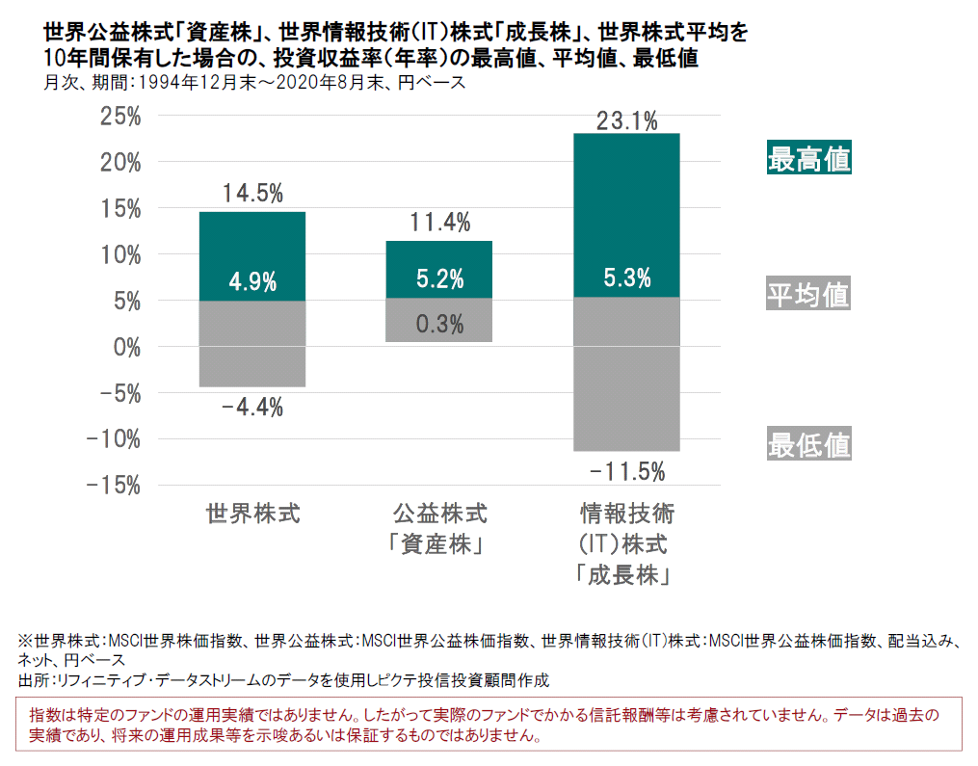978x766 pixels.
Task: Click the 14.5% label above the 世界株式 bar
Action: point(251,194)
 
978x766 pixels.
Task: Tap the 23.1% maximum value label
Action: point(626,121)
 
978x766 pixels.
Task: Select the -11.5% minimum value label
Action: point(626,471)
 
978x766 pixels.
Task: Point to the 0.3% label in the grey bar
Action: point(439,324)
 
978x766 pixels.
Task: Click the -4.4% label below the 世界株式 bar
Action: point(251,408)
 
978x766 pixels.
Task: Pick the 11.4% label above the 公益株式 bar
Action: point(439,224)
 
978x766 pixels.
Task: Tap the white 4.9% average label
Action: point(252,282)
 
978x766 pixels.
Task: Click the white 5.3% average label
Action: point(626,279)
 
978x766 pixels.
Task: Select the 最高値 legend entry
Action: point(808,159)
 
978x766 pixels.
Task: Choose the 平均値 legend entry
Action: point(808,294)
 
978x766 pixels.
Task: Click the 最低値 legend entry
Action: point(808,444)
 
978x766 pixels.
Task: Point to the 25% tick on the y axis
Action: point(120,117)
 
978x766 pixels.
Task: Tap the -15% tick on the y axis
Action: point(114,485)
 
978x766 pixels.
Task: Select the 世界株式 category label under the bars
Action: point(252,513)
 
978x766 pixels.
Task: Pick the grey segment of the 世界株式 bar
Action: point(252,344)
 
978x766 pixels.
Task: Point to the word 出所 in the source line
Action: point(32,680)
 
